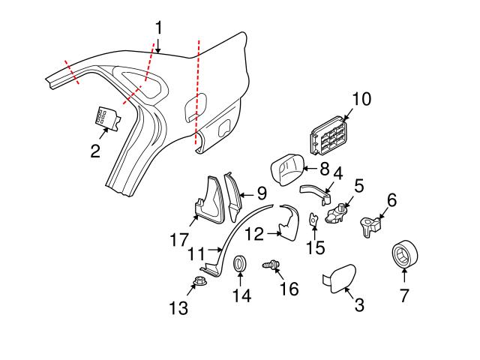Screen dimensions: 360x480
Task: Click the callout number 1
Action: [x=159, y=28]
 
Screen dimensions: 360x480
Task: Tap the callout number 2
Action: [x=95, y=151]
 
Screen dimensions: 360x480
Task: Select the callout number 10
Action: [x=361, y=99]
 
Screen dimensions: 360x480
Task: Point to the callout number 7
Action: [x=404, y=295]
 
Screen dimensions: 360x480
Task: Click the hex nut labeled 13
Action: [x=200, y=283]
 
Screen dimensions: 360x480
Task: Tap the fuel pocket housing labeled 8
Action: [x=285, y=169]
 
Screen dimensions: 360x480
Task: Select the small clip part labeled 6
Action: [x=370, y=225]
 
